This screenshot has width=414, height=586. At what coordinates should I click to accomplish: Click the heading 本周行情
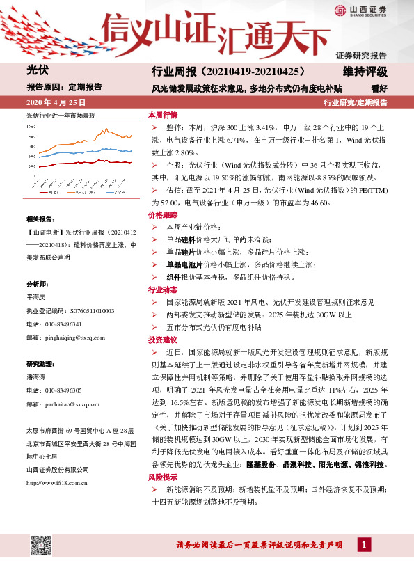click(162, 115)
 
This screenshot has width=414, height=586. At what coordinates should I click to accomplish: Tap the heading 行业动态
click(162, 290)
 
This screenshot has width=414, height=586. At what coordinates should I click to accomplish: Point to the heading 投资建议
click(162, 340)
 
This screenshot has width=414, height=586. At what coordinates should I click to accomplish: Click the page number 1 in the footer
click(363, 544)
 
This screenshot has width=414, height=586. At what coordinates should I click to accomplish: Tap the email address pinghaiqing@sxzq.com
click(72, 337)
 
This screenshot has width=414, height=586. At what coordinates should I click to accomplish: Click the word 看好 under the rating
click(379, 88)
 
